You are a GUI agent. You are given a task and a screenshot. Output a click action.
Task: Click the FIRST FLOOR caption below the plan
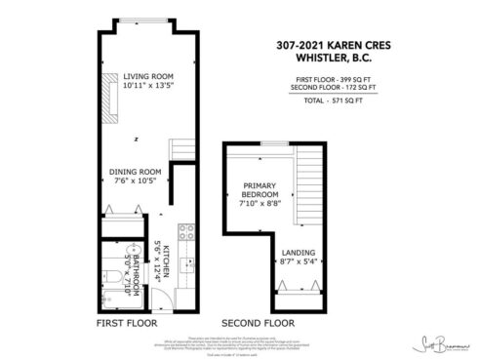126,321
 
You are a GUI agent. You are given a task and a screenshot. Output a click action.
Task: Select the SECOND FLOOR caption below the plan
258,321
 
